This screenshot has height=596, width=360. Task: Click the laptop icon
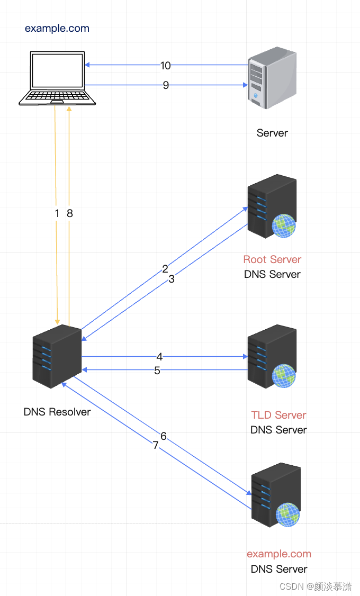(57, 78)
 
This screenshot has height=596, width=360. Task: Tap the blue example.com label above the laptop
(57, 28)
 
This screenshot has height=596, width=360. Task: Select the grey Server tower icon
(272, 78)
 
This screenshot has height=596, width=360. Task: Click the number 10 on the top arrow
(165, 66)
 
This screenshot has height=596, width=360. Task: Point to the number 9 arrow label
(166, 85)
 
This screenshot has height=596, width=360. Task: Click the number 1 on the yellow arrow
(57, 213)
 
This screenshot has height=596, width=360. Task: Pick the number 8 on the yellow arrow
(69, 213)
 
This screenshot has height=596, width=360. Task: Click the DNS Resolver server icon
(57, 356)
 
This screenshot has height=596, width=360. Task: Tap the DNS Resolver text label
(57, 412)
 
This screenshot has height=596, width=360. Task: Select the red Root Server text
(272, 259)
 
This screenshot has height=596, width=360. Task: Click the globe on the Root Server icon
(284, 226)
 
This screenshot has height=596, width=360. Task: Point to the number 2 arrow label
(165, 269)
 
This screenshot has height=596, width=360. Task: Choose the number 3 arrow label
(172, 279)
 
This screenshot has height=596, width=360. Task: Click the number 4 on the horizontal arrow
(159, 357)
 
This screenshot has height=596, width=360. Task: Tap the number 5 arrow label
(157, 371)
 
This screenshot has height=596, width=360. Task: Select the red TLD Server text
(278, 415)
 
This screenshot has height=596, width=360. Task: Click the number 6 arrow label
(164, 436)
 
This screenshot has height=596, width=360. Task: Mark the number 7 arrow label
(156, 445)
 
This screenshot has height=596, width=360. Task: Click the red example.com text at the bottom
(279, 554)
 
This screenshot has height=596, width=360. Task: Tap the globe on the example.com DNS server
(288, 514)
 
